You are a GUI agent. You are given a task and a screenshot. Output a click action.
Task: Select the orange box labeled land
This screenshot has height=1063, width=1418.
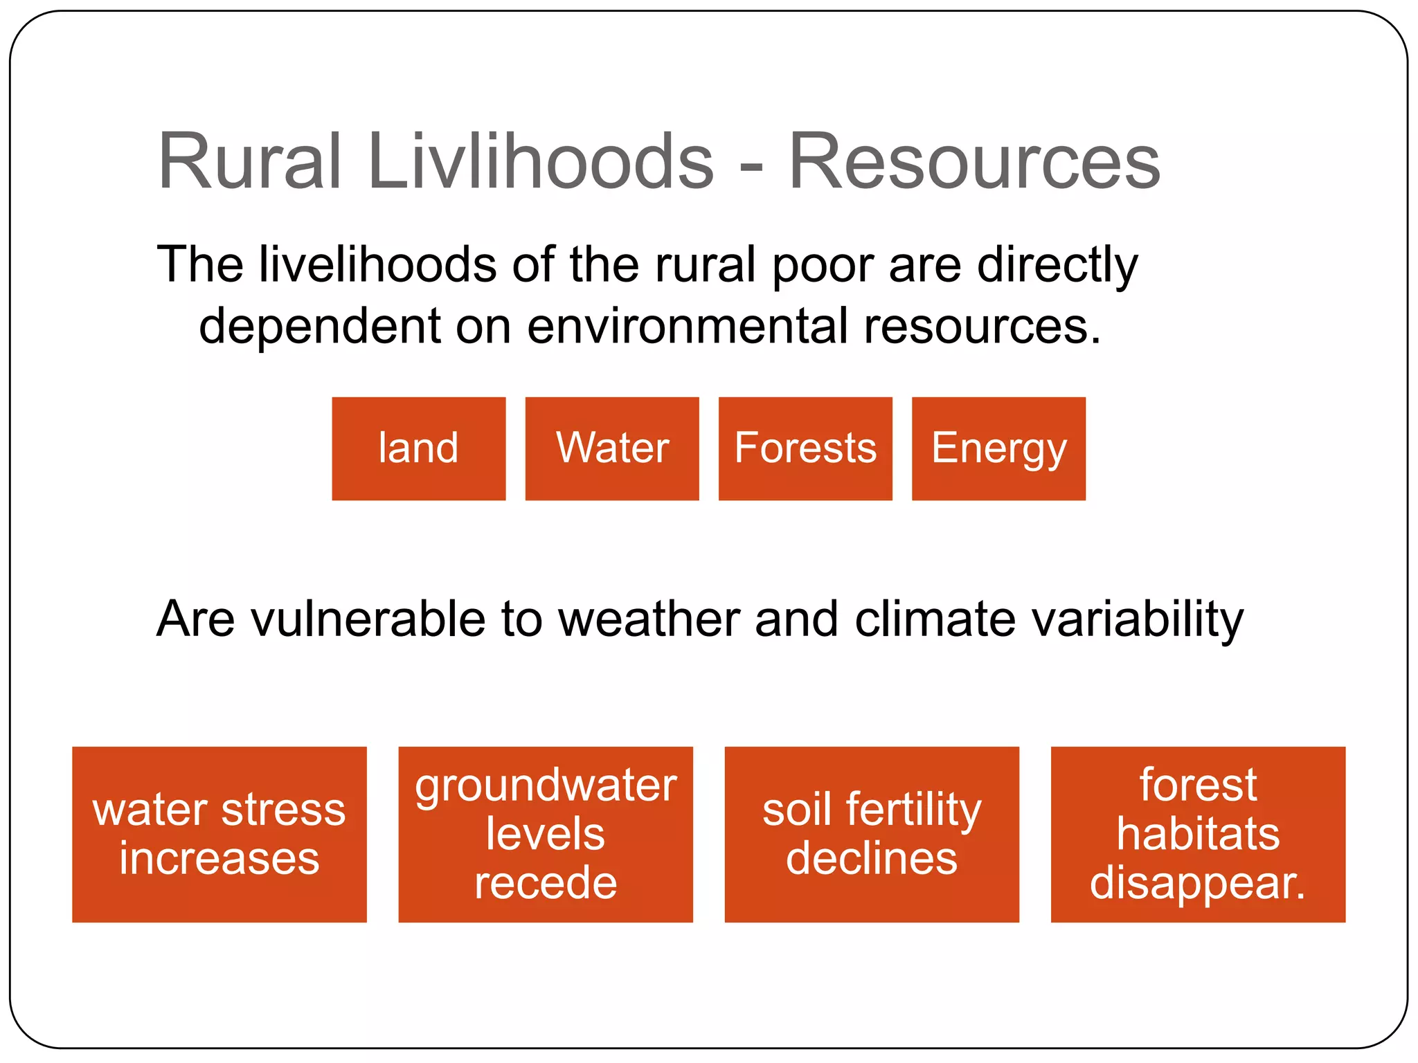click(x=418, y=448)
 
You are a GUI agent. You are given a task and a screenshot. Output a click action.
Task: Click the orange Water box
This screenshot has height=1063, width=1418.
click(x=612, y=448)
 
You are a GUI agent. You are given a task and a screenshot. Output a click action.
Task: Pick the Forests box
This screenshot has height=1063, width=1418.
click(x=805, y=448)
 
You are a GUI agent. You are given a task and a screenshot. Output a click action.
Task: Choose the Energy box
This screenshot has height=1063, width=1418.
click(x=998, y=448)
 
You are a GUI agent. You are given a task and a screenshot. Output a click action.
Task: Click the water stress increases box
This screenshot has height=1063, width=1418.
click(x=219, y=834)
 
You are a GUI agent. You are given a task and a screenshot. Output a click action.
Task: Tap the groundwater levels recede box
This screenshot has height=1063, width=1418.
click(x=546, y=834)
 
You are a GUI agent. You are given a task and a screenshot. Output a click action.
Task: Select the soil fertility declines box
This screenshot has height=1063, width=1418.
click(x=872, y=834)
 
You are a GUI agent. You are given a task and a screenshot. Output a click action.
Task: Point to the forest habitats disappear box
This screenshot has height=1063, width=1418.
click(x=1198, y=834)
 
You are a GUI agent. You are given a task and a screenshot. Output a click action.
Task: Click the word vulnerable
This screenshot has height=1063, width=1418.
click(x=368, y=619)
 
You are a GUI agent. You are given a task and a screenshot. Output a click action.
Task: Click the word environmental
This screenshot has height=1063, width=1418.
click(x=687, y=326)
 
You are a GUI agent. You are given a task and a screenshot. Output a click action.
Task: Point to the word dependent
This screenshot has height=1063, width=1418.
click(x=320, y=326)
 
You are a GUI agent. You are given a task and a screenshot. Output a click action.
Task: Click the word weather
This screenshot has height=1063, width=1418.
click(x=649, y=619)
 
